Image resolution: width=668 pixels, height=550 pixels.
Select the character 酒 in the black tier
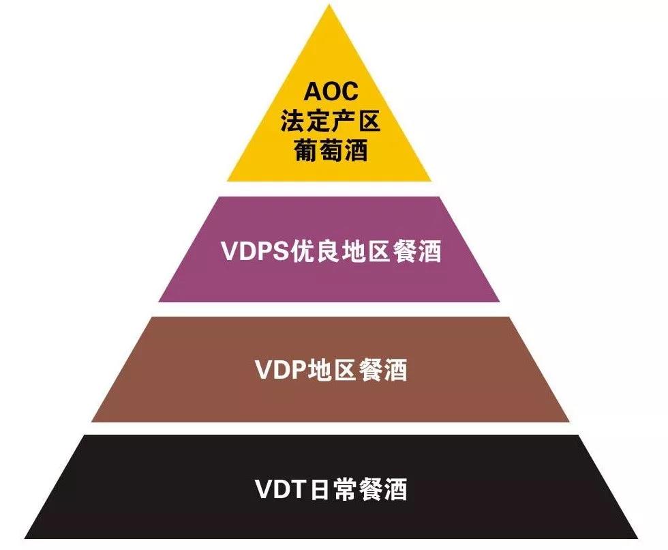tap(395, 489)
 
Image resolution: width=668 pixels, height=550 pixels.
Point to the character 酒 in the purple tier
tap(428, 251)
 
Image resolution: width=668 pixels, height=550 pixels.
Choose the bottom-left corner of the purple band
tap(159, 301)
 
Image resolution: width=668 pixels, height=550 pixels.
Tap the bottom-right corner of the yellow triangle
tap(431, 180)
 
